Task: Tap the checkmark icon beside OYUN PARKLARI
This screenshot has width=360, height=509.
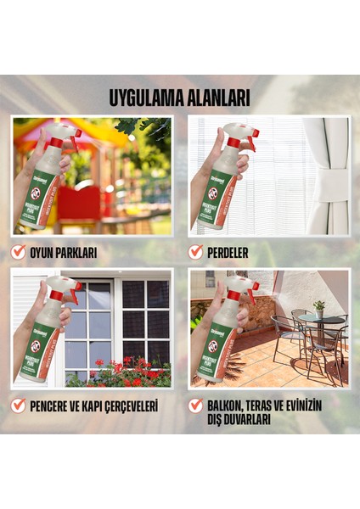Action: (x=19, y=252)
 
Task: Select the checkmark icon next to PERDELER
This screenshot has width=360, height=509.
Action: (x=196, y=252)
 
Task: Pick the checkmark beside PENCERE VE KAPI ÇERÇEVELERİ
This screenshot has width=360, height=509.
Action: (x=19, y=406)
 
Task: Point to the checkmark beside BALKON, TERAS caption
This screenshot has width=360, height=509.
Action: (x=196, y=406)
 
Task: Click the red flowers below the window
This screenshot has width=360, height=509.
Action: (x=127, y=374)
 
